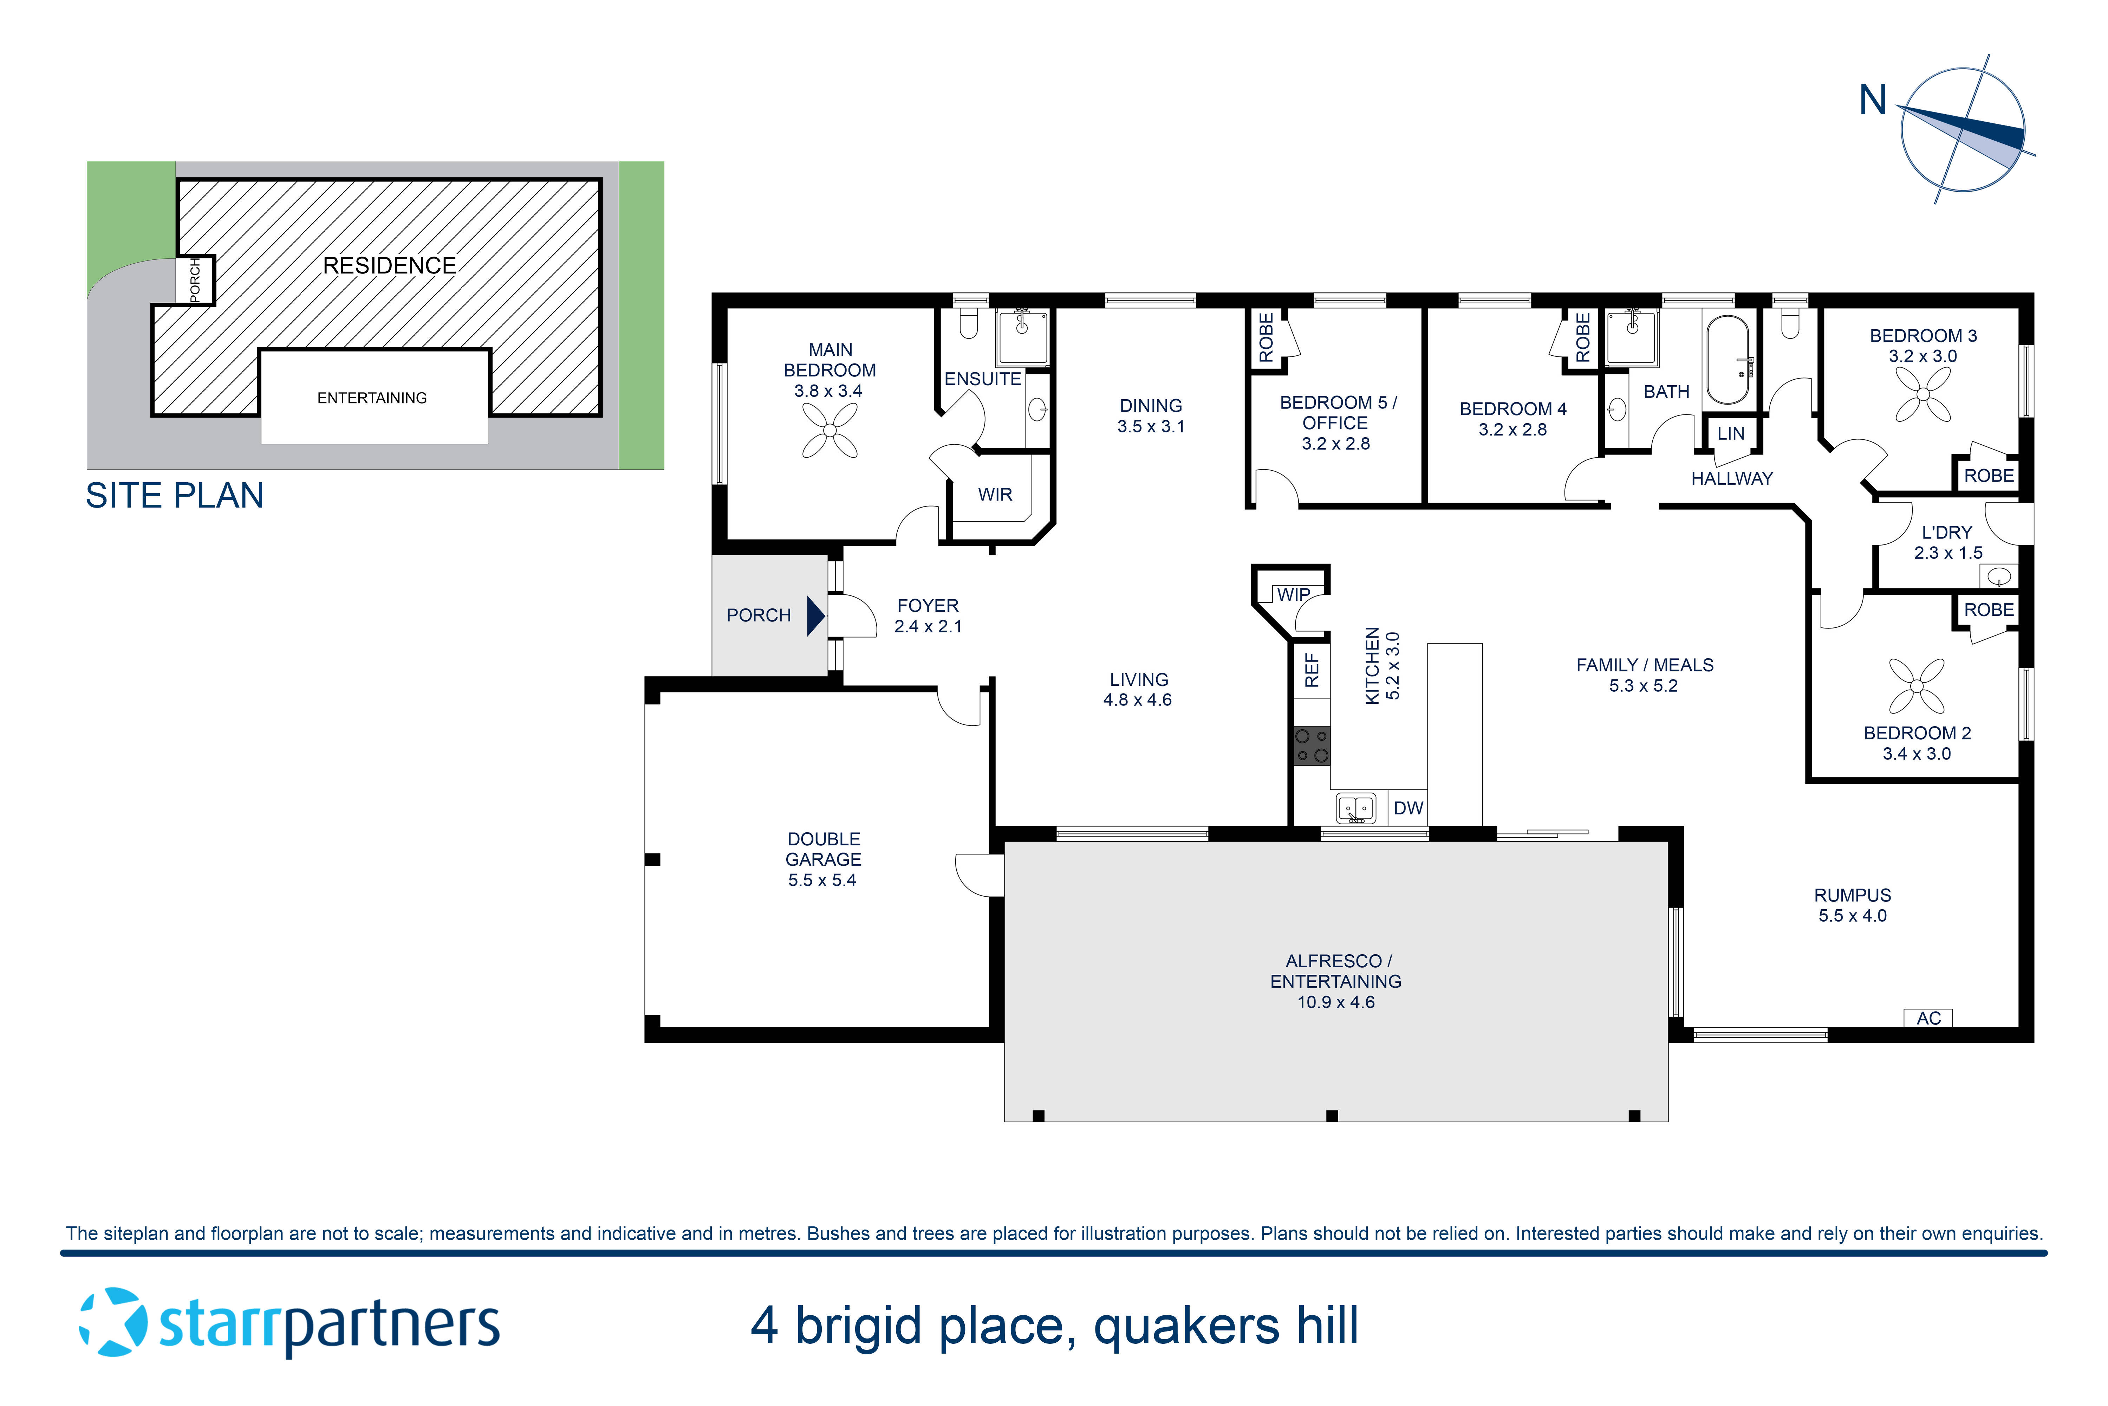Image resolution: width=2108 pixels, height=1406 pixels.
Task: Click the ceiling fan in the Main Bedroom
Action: tap(829, 430)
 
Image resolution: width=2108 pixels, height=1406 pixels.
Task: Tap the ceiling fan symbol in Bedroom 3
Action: tap(1922, 395)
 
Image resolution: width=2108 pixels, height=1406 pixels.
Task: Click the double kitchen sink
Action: tap(1355, 808)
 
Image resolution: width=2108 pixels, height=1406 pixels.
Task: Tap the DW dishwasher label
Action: tap(1408, 808)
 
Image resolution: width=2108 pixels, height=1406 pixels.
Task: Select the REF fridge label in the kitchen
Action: tap(1311, 670)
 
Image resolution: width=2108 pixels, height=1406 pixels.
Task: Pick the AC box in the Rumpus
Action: tap(1928, 1018)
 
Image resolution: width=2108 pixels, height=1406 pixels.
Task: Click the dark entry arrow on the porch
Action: tap(815, 616)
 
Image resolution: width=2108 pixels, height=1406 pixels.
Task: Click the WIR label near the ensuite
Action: tap(995, 494)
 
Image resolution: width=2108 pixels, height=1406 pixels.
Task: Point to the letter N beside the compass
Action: tap(1872, 101)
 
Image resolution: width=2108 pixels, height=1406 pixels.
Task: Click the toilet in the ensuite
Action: tap(968, 324)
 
